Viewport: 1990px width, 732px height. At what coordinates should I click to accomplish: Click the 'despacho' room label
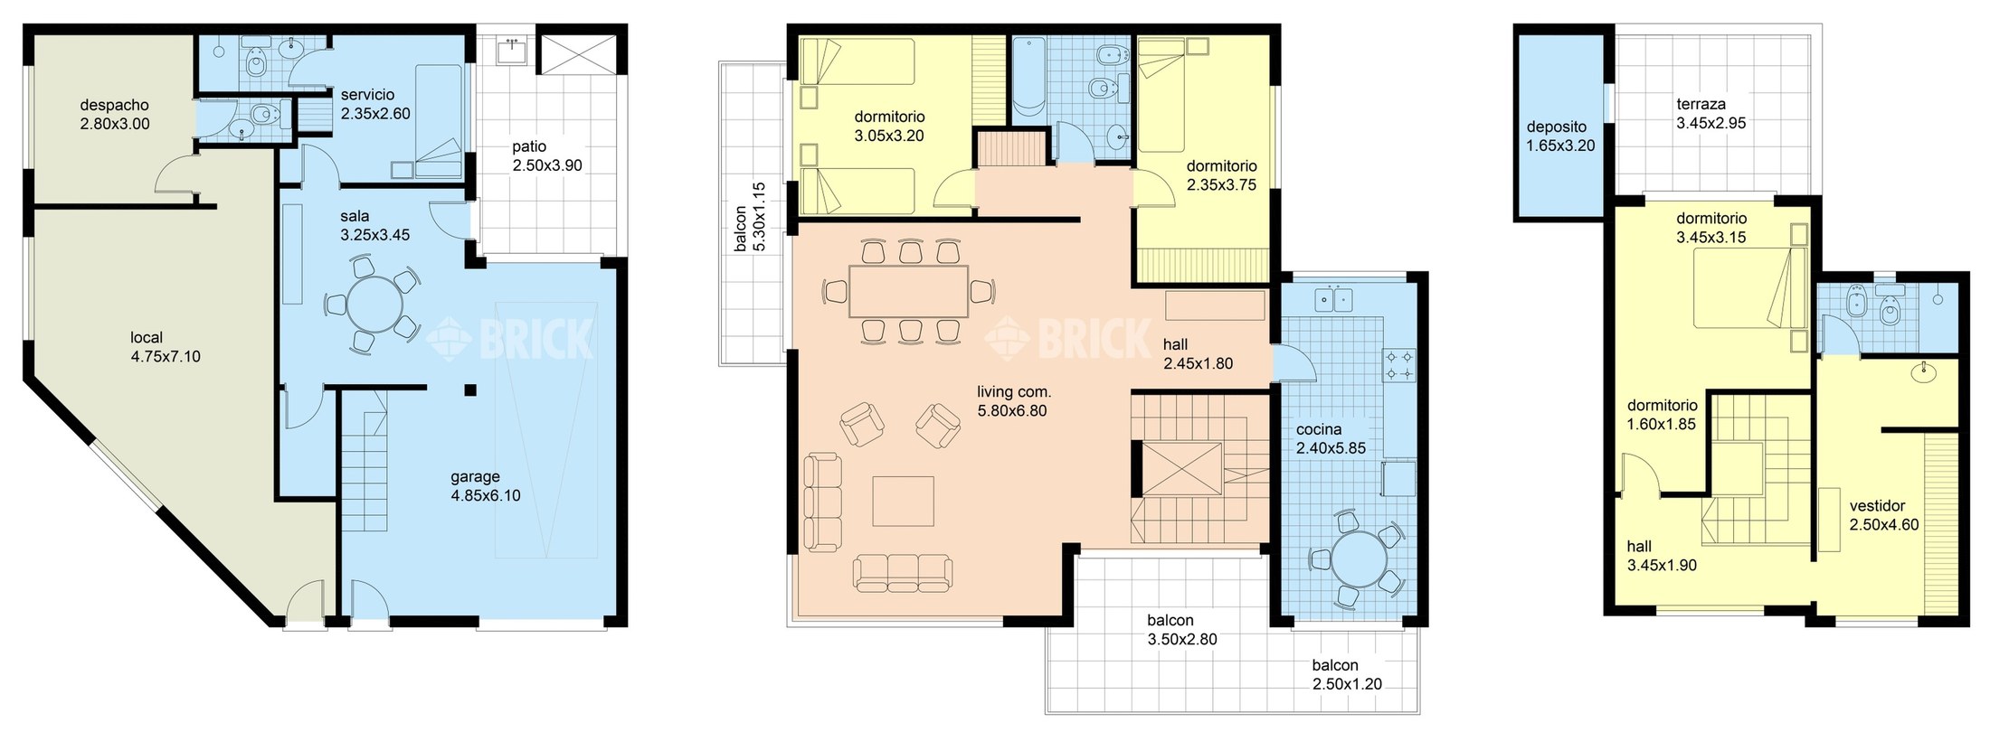[114, 106]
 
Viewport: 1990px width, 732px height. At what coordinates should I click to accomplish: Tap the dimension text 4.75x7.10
[166, 357]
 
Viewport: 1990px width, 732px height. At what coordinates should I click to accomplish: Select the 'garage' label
[476, 477]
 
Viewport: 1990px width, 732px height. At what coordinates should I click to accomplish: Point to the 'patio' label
[529, 146]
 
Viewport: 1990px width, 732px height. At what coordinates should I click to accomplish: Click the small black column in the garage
[469, 390]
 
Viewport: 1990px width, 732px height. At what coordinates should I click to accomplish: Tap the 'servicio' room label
[367, 95]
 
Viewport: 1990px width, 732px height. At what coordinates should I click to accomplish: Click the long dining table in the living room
[908, 291]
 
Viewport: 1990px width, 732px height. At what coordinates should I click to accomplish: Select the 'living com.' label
[1014, 392]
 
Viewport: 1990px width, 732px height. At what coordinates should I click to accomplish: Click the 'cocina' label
[1319, 430]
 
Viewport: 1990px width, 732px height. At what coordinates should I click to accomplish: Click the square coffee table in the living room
[904, 502]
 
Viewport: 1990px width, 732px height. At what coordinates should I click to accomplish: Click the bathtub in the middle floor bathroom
[1028, 80]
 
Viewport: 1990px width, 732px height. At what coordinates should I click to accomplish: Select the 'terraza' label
[1701, 105]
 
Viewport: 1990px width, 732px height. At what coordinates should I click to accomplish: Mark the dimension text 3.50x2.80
[1182, 640]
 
